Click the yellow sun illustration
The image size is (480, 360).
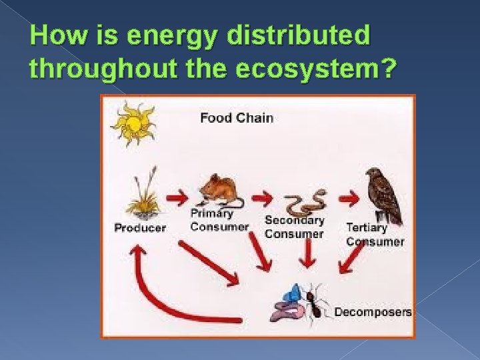tap(133, 123)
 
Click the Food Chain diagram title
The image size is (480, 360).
tap(237, 118)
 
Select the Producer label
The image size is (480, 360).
tap(140, 228)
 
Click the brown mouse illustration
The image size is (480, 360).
tap(219, 191)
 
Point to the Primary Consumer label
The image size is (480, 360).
tap(219, 220)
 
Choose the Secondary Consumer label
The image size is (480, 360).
tap(294, 227)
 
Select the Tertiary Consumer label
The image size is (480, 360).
tap(375, 235)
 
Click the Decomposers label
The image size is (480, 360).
tap(373, 312)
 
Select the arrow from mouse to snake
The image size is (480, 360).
tap(263, 197)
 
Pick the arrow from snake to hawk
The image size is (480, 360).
tap(348, 197)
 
